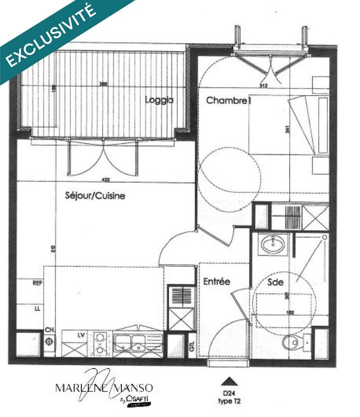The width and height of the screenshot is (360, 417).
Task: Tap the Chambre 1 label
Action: pos(229,100)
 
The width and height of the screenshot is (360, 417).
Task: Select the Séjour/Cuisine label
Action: pos(95,196)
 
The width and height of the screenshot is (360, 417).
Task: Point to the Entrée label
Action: pos(216,281)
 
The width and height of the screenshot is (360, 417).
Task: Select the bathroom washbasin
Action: pos(273,244)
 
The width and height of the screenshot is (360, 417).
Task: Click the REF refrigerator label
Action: pos(37,284)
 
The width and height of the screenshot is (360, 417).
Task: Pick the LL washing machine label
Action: pos(37,308)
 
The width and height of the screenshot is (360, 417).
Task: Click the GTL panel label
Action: pos(192,346)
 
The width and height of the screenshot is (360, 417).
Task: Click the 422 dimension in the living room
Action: pos(106,180)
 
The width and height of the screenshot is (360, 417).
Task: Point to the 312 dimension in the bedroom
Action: pos(263,86)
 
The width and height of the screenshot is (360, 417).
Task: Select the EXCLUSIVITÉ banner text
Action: pos(52,35)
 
